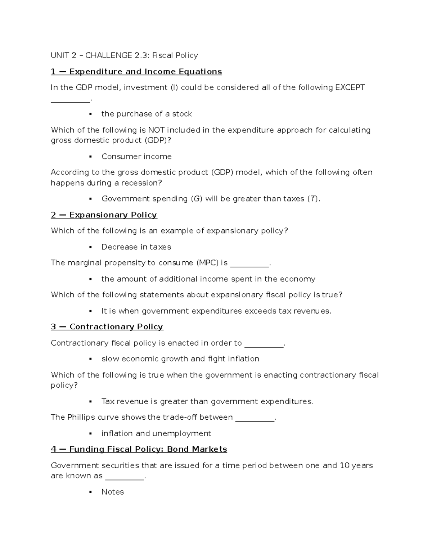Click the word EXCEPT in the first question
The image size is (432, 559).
350,87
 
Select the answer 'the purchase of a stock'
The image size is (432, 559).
147,114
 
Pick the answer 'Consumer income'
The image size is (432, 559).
136,156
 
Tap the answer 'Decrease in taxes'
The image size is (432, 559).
136,247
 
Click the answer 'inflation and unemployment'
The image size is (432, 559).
156,433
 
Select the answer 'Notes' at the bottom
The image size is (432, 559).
112,492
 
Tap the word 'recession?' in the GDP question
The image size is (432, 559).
141,183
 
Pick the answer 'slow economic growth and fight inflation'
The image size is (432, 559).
180,359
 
